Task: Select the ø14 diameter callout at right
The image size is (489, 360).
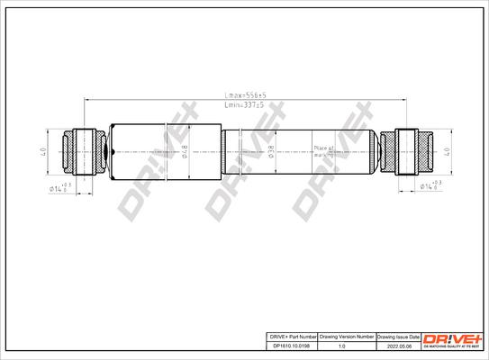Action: tap(430, 185)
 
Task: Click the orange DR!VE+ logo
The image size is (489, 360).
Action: tap(454, 337)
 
